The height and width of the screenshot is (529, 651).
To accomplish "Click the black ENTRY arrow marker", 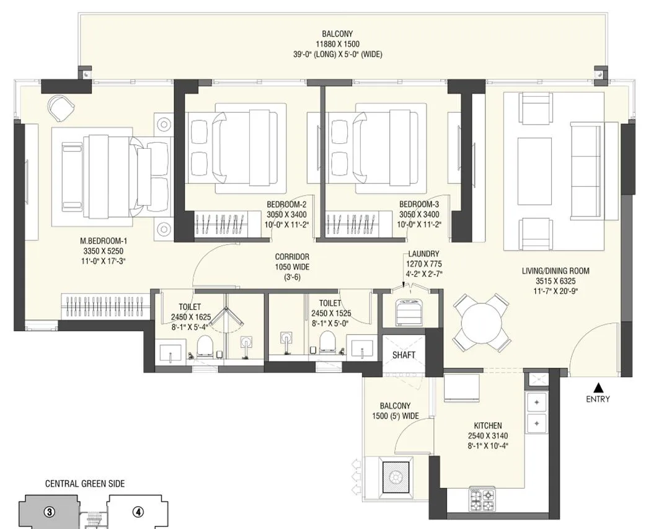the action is (x=598, y=388).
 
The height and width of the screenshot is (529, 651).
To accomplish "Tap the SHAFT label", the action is (x=404, y=355).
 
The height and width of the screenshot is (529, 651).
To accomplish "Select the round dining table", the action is (x=481, y=322).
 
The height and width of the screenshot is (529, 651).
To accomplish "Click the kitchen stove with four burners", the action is (x=482, y=500).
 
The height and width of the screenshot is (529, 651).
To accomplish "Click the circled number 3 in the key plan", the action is (x=50, y=512).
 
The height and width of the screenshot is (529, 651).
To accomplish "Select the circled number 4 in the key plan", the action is (x=138, y=512).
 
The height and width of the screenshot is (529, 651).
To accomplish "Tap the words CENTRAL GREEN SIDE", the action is (x=85, y=484).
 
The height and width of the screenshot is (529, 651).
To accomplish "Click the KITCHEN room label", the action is (x=488, y=425).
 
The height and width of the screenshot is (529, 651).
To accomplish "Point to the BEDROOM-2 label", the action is (x=286, y=204).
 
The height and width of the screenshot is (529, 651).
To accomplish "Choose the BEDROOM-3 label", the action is (x=419, y=204).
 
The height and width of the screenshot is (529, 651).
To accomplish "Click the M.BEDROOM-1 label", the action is (x=104, y=241).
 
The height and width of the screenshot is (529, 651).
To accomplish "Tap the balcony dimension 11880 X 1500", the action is (x=337, y=44).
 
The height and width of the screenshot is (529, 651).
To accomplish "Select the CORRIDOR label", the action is (x=292, y=257).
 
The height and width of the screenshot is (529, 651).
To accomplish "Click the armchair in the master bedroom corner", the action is (x=62, y=107).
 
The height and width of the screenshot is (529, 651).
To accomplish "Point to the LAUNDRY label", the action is (x=423, y=254).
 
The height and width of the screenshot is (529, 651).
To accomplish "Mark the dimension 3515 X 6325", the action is (x=556, y=281).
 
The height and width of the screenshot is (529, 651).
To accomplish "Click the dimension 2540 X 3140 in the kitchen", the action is (x=488, y=436).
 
